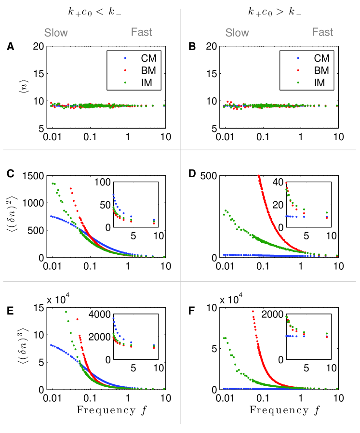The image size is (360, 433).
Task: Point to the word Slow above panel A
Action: point(56,33)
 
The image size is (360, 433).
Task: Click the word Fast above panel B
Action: point(322,32)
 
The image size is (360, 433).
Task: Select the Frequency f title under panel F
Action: point(280,410)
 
